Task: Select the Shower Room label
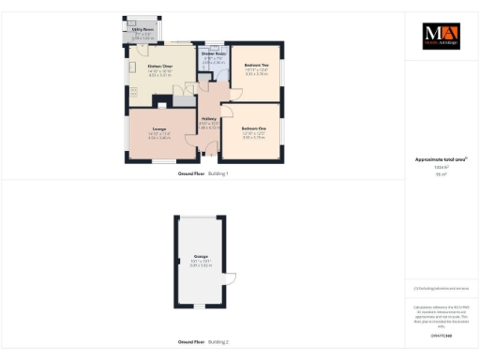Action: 214,54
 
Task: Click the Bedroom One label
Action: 254,127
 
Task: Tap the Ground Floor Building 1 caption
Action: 203,174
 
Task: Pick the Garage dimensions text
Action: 201,263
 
